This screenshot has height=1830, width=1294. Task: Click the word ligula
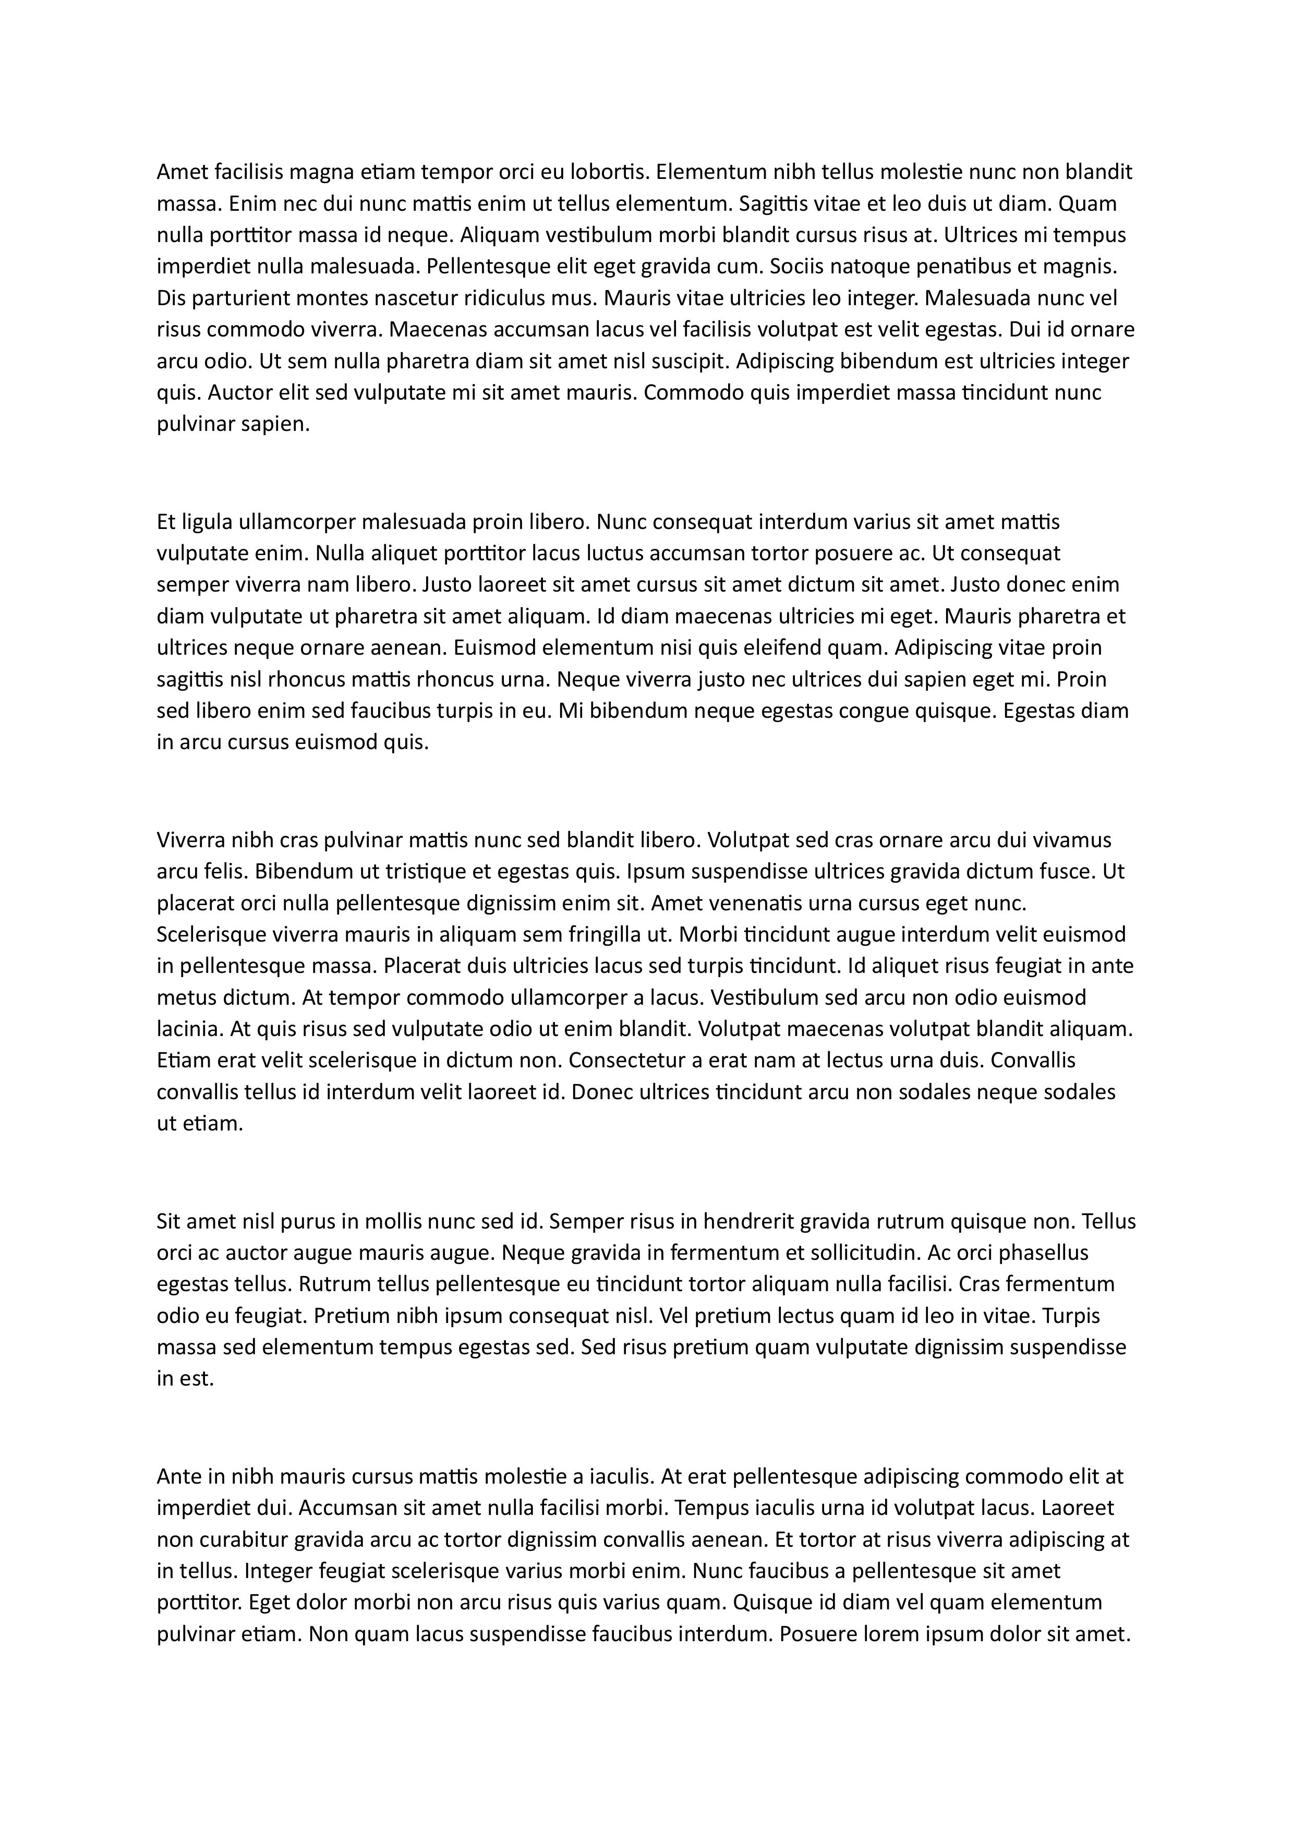pos(208,523)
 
